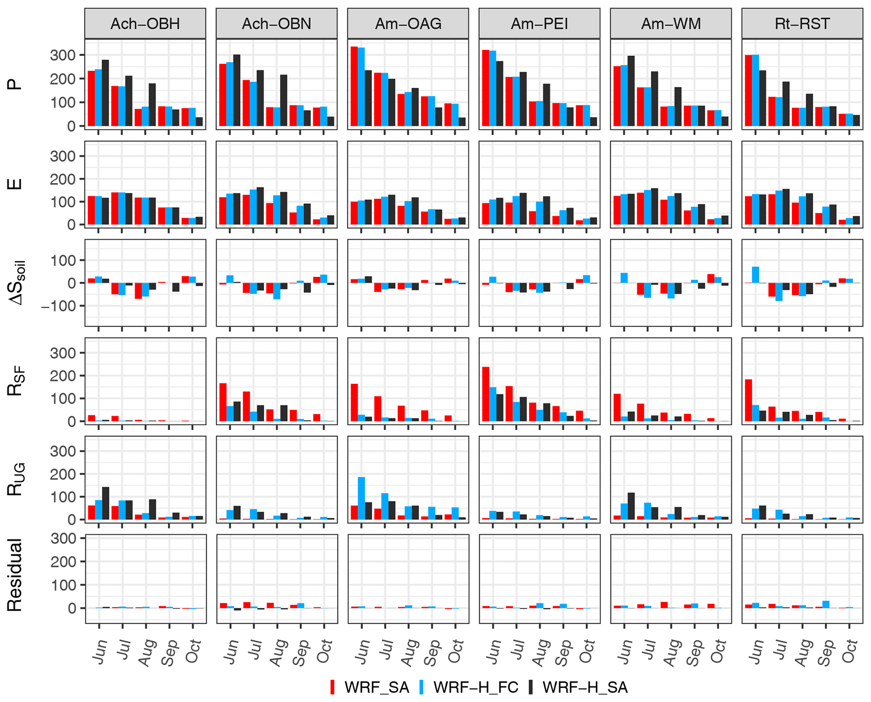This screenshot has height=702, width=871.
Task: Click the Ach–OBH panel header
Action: (x=145, y=24)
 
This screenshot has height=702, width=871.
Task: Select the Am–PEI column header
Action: (x=539, y=24)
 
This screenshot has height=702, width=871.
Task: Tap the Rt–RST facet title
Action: (x=802, y=24)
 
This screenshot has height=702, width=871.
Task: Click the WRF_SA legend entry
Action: (x=369, y=687)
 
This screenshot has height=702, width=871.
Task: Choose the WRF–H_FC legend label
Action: (x=469, y=687)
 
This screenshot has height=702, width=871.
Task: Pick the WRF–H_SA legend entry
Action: (x=578, y=687)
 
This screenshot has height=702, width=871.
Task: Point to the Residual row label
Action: (x=15, y=575)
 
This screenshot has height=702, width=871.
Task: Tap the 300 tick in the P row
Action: (x=62, y=55)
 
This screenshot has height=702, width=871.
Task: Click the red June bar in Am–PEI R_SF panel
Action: (x=485, y=394)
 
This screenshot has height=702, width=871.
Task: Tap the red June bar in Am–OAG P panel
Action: (x=354, y=86)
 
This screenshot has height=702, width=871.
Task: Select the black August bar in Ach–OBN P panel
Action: (x=284, y=100)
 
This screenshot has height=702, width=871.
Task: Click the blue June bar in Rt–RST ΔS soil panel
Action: (x=756, y=275)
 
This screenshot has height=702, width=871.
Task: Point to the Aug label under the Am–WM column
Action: (x=671, y=652)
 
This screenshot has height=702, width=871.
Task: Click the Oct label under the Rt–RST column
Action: (x=849, y=651)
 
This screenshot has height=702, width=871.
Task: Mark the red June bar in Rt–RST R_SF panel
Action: (x=748, y=400)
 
